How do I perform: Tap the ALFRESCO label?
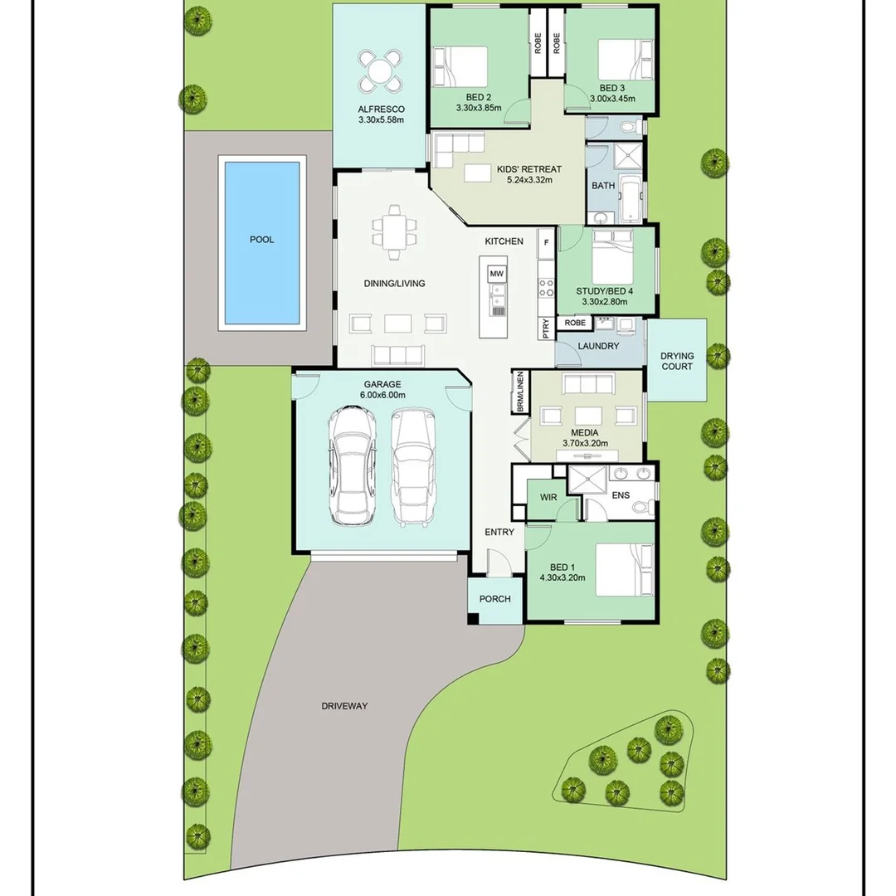tap(381, 109)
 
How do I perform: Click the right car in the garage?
tap(412, 467)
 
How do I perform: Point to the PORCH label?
tap(494, 599)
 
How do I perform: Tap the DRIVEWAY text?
tap(344, 707)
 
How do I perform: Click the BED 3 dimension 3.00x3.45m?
tap(612, 99)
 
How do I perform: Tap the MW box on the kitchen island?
tap(496, 274)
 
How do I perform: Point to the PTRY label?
tap(545, 329)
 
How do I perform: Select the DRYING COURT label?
tap(677, 361)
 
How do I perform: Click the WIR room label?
tap(548, 497)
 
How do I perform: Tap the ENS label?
tap(621, 495)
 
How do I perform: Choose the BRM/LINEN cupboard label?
tap(520, 393)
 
